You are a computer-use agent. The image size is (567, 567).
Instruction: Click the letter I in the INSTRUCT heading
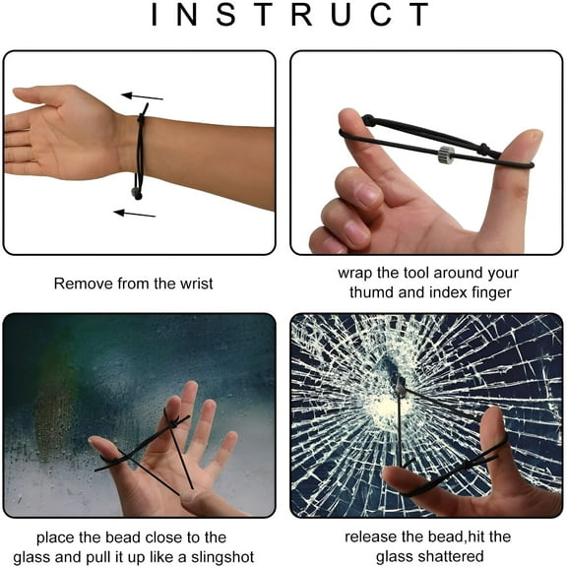click(x=157, y=15)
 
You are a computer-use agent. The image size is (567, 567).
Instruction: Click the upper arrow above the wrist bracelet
click(x=141, y=96)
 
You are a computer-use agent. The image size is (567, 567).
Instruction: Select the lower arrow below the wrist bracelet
click(x=134, y=212)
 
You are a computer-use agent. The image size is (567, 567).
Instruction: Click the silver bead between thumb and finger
click(x=446, y=154)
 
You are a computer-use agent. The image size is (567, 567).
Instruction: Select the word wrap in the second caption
click(x=355, y=273)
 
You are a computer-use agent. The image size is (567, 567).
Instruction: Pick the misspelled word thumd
click(x=371, y=292)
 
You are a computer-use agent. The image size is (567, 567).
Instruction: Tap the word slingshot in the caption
click(x=222, y=558)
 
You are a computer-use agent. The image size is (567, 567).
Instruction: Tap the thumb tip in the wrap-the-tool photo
click(x=530, y=142)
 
